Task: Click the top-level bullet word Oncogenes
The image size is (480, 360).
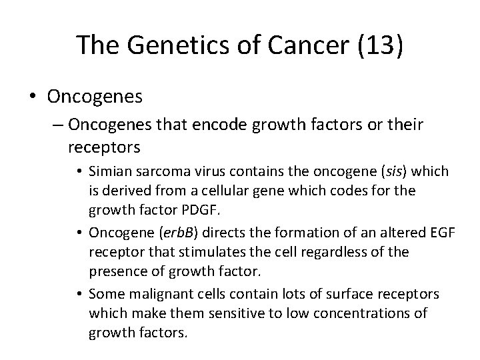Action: pos(95,97)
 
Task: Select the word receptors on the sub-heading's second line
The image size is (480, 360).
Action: pos(102,145)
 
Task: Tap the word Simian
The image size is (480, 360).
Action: pos(110,172)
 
